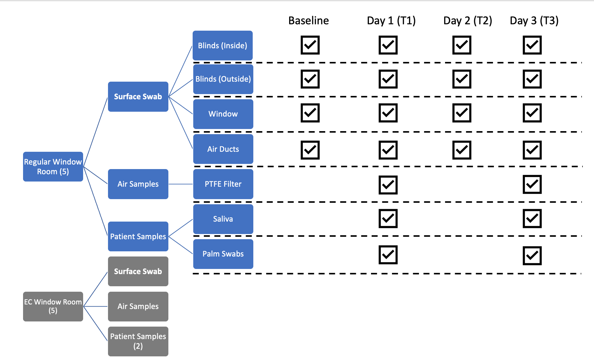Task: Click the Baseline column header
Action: (308, 21)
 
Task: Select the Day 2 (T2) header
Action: (467, 21)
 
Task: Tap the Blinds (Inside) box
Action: (222, 46)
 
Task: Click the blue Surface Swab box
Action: (138, 97)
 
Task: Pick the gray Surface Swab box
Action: (138, 271)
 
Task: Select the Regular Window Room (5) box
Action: (53, 167)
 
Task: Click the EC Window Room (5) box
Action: (53, 306)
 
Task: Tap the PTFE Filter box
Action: (223, 184)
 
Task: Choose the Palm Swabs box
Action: (223, 254)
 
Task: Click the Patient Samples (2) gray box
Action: (138, 341)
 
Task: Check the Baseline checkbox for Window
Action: (310, 113)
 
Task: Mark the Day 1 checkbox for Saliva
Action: (388, 218)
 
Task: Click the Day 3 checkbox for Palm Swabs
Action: (532, 256)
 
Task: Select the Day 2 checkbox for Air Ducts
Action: (462, 150)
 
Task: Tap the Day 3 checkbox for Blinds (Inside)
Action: (532, 45)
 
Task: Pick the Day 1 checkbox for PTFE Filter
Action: (388, 185)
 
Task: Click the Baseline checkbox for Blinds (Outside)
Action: (310, 79)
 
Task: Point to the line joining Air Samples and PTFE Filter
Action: (181, 184)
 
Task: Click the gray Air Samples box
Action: (138, 306)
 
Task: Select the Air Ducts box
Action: (223, 149)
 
